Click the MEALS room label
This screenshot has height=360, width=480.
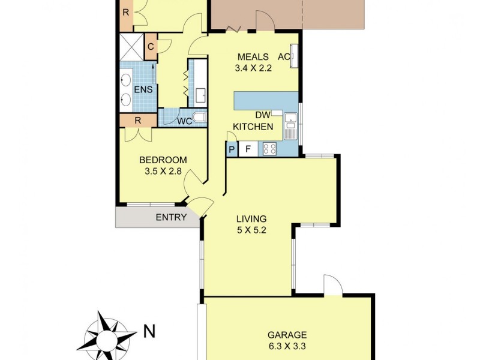tap(253, 57)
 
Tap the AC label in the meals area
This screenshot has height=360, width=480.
tap(284, 57)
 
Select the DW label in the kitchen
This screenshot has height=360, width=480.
tap(262, 115)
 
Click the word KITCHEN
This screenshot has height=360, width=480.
tap(253, 127)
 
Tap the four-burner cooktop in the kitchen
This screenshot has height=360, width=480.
tap(269, 148)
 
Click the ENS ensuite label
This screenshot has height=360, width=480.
tap(143, 90)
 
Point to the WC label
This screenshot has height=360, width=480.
tap(184, 121)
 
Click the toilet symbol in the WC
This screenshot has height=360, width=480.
tap(200, 118)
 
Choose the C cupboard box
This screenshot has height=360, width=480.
tap(151, 47)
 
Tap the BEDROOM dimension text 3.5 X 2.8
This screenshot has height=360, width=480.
tap(163, 171)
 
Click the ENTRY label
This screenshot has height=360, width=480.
tap(171, 217)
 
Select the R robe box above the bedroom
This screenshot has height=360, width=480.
tap(137, 120)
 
